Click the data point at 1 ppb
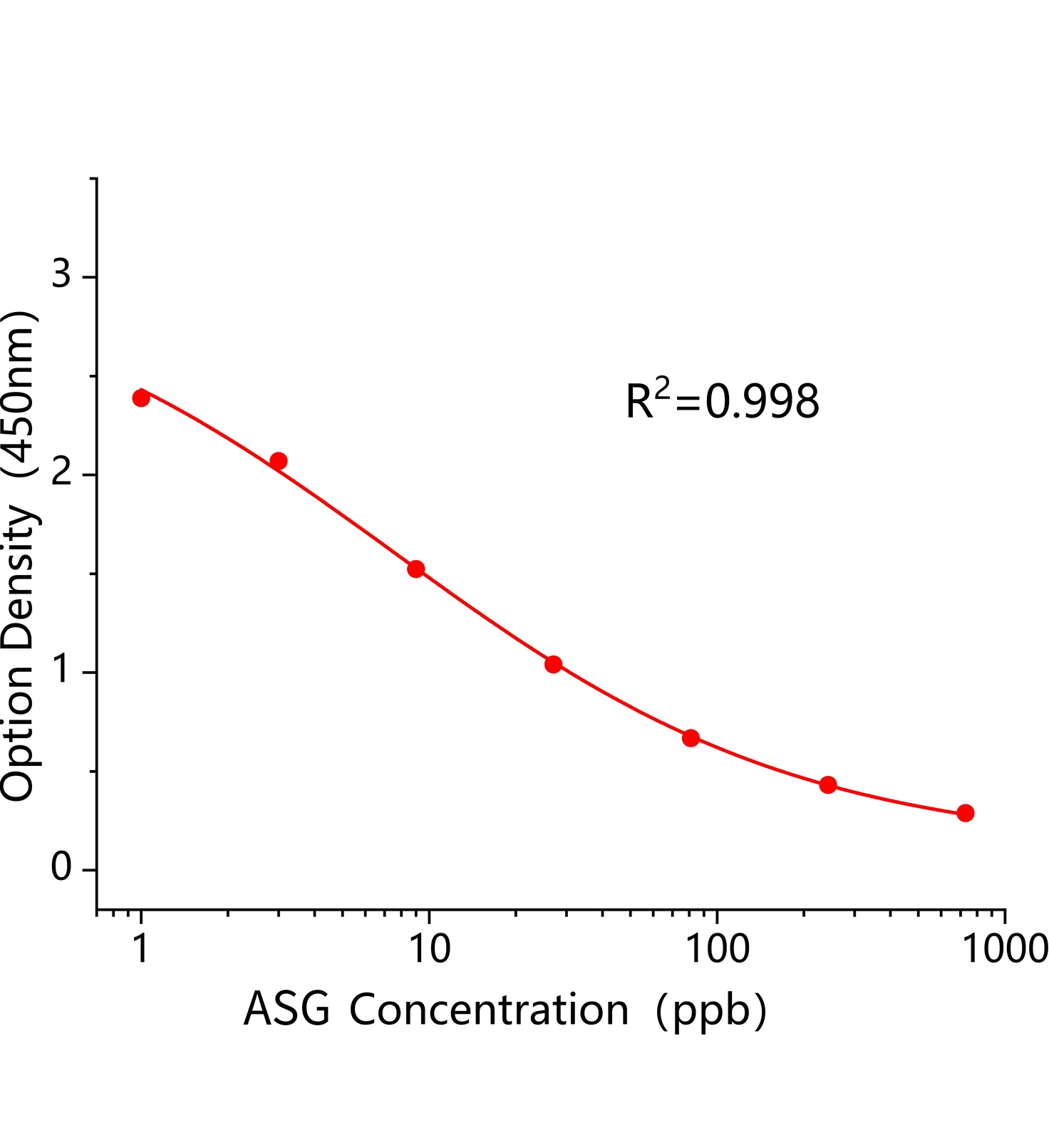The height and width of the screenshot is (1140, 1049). (141, 398)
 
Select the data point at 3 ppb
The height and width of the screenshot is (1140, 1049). (279, 461)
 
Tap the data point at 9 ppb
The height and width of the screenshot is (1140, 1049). (416, 569)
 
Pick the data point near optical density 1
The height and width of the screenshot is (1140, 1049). (553, 664)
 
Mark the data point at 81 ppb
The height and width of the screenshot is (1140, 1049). (691, 737)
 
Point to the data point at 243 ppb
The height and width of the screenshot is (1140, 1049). (828, 784)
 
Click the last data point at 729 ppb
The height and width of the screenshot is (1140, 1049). (965, 813)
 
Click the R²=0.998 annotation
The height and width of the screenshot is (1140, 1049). (722, 400)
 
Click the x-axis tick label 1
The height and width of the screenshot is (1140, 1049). (141, 949)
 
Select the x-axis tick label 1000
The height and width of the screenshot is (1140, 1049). (1003, 949)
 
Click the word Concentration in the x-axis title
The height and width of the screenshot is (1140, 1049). (489, 1010)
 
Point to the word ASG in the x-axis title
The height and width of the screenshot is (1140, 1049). (286, 1010)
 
